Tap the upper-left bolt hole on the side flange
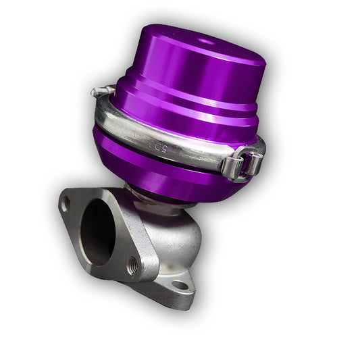66,203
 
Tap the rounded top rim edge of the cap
155,34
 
